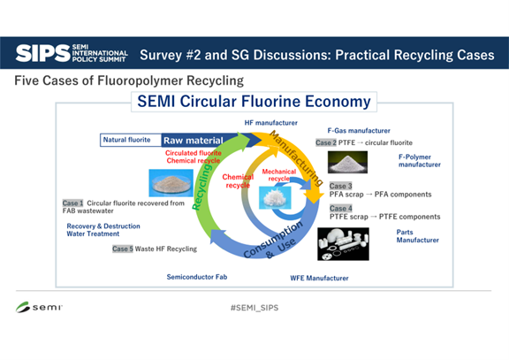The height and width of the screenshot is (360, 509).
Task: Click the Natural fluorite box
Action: [127, 140]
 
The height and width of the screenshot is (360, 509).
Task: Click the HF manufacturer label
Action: [270, 121]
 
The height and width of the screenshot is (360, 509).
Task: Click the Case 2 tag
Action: [326, 142]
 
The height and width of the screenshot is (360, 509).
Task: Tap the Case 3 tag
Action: [340, 186]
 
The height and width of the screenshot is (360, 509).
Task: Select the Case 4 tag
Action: [340, 209]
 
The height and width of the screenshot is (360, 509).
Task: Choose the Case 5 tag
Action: [122, 249]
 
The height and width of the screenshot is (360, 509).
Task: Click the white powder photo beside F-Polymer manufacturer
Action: [347, 162]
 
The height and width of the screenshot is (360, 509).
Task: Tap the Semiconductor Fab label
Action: [197, 277]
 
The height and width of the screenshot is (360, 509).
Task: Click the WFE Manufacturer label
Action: [319, 278]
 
